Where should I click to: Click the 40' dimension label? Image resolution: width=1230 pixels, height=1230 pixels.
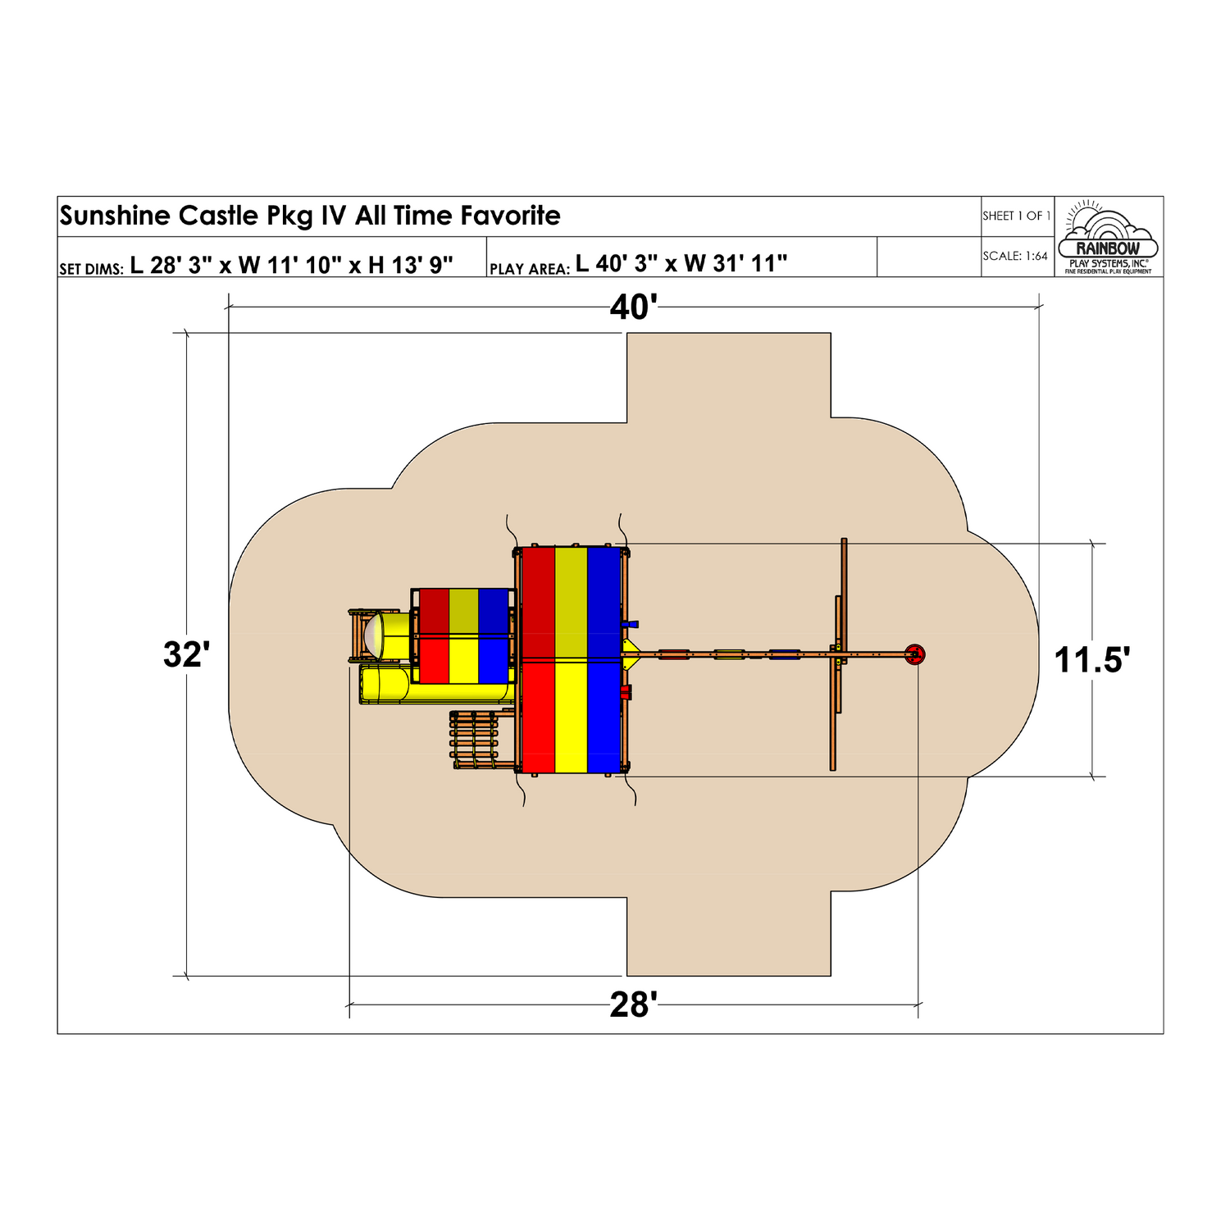click(633, 307)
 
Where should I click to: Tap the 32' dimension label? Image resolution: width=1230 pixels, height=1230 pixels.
click(187, 654)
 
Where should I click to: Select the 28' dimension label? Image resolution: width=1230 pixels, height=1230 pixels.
click(633, 1004)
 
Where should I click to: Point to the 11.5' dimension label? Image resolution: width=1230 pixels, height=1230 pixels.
click(1091, 659)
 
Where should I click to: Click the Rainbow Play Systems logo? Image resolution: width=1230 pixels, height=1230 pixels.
click(1108, 237)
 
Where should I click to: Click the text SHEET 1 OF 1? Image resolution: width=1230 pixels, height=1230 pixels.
click(1016, 216)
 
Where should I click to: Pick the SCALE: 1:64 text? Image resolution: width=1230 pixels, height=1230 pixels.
click(1015, 256)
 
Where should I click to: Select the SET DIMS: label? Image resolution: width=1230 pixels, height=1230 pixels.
click(91, 268)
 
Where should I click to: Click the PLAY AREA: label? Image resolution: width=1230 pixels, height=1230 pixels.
click(529, 268)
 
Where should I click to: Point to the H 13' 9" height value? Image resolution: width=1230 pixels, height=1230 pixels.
click(410, 264)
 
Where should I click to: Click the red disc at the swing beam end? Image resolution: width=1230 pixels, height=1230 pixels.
click(914, 654)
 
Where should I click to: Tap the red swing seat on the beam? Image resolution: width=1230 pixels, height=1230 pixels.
click(673, 654)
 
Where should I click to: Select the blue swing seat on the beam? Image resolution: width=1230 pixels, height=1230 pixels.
click(784, 654)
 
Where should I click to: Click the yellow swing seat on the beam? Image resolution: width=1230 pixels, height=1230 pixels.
click(728, 654)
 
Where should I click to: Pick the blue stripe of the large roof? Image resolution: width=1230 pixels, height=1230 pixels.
click(604, 660)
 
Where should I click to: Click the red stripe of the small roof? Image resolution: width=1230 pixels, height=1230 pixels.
click(434, 636)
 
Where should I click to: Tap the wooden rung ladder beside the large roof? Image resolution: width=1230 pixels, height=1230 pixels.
click(474, 740)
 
